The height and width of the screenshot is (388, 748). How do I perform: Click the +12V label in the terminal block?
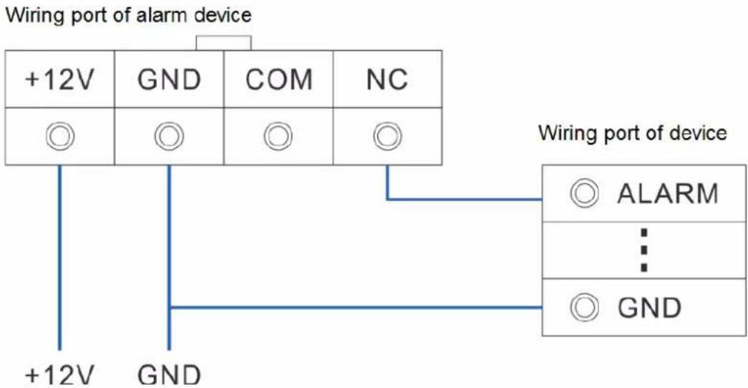tap(59, 79)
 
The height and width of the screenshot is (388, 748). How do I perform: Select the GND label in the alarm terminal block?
tap(170, 79)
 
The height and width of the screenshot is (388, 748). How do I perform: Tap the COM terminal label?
tap(279, 79)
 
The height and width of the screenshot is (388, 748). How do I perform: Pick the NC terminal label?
tap(387, 79)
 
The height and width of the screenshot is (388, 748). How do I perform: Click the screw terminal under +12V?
tap(59, 136)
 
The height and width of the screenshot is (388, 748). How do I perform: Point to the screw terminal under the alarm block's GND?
tap(169, 136)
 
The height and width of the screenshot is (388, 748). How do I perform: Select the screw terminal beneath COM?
tap(278, 136)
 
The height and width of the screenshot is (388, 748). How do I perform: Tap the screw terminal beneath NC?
tap(387, 136)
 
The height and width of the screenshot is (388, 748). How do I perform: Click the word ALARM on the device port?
tap(667, 194)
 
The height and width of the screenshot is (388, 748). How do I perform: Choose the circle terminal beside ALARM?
tap(584, 193)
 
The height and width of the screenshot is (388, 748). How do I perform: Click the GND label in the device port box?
tap(649, 308)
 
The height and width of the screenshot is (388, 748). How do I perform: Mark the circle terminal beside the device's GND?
tap(584, 307)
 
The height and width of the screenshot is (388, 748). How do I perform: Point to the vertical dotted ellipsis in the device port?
tap(644, 250)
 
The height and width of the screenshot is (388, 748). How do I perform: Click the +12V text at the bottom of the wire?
tap(59, 375)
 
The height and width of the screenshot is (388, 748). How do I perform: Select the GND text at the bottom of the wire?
tap(170, 375)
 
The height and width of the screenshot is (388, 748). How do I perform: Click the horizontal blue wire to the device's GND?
tap(356, 307)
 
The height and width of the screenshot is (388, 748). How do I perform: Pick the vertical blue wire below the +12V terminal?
tap(59, 258)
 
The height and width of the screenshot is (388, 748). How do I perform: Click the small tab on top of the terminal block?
tap(223, 42)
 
